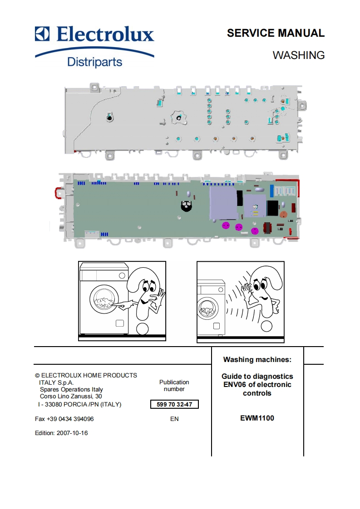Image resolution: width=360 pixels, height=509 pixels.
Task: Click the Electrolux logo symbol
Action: pyautogui.click(x=43, y=34)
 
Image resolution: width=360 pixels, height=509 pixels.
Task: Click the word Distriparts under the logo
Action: pyautogui.click(x=94, y=61)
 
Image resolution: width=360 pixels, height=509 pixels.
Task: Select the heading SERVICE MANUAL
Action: pyautogui.click(x=276, y=33)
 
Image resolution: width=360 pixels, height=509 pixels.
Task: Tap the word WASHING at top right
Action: pyautogui.click(x=298, y=55)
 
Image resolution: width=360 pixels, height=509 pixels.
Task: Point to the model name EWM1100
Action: pyautogui.click(x=257, y=418)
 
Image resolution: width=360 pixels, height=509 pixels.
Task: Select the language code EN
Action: pyautogui.click(x=174, y=419)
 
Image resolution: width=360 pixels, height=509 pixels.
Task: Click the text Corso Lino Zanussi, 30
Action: pyautogui.click(x=71, y=396)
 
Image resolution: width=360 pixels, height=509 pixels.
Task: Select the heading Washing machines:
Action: pyautogui.click(x=257, y=360)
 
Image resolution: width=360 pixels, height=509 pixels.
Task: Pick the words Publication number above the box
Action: pyautogui.click(x=174, y=386)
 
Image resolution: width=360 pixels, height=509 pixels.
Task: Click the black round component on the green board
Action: pyautogui.click(x=185, y=206)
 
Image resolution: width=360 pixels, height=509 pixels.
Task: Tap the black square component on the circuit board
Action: pyautogui.click(x=273, y=208)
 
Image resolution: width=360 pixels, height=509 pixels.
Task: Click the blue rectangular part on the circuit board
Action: pyautogui.click(x=272, y=190)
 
